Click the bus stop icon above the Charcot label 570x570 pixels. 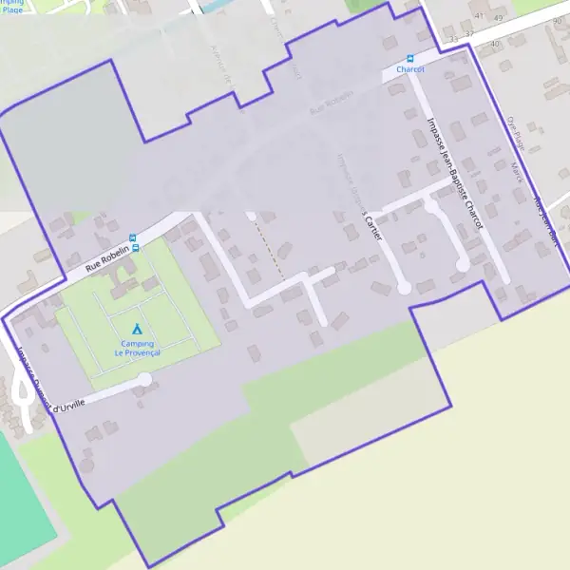coord(410,58)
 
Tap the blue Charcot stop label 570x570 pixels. coord(410,69)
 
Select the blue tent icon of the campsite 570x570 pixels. coord(138,330)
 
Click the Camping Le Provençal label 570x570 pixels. coord(138,348)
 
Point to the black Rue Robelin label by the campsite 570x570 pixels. coord(106,257)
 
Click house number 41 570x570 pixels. coord(479,16)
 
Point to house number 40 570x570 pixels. coord(495,44)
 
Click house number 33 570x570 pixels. coord(455,39)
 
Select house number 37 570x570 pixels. coord(469,35)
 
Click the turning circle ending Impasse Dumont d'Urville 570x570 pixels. coord(144,380)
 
